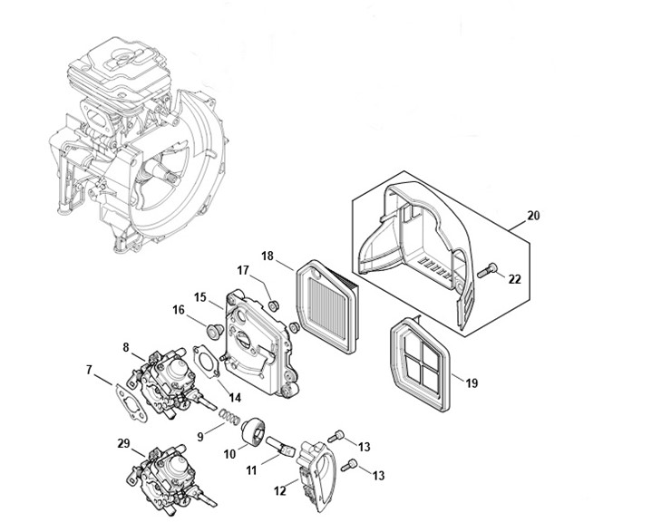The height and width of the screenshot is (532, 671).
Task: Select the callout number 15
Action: point(200,298)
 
